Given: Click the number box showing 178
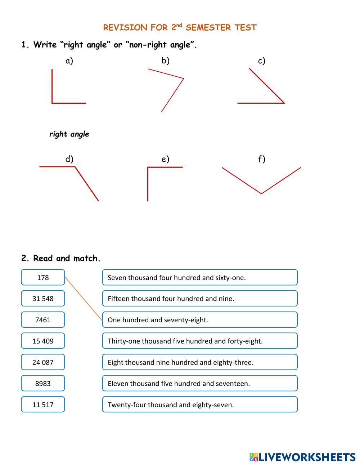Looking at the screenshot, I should pos(43,277).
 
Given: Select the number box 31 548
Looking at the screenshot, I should pos(43,299).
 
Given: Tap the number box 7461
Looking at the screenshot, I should pos(43,320).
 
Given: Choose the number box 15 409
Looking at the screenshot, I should pos(43,341).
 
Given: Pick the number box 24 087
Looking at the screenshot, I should pos(43,362).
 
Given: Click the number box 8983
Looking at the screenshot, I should pos(43,384).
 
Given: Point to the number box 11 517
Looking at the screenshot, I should pos(43,404).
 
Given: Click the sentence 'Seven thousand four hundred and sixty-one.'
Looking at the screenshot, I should pos(200,277).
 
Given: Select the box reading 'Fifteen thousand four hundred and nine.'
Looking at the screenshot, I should pos(200,299).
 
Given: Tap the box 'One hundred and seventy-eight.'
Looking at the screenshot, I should pos(200,320).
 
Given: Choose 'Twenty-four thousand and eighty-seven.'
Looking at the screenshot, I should pos(200,404).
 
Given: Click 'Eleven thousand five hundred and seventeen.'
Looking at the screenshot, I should pos(200,384).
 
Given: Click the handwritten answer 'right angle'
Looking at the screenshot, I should pos(69,134).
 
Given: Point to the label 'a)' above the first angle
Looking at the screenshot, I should pos(69,61).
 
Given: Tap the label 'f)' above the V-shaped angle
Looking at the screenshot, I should pos(262,159).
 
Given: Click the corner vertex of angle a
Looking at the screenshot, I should pos(53,103).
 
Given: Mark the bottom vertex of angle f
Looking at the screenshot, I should pos(261,193).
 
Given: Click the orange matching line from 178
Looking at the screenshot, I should pos(84,299).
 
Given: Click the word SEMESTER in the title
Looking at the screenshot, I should pos(208,28).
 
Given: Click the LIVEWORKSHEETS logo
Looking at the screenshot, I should pos(302,457).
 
